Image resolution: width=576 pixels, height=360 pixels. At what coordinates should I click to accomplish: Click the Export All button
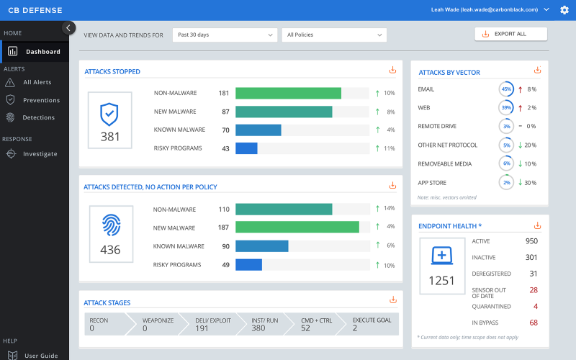(511, 34)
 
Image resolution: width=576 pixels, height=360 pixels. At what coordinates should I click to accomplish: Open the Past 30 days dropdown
(225, 35)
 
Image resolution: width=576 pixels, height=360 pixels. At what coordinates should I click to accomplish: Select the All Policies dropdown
(334, 35)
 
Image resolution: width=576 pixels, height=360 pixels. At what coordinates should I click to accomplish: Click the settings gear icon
(564, 10)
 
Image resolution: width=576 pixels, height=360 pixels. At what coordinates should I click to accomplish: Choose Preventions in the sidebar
(41, 100)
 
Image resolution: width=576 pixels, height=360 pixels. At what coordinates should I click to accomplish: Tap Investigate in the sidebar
(40, 153)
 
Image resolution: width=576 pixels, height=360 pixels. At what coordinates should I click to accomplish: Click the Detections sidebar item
(38, 117)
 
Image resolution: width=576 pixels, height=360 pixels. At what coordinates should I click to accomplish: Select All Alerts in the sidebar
(37, 83)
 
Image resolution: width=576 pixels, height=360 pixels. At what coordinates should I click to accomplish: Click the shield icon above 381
(109, 112)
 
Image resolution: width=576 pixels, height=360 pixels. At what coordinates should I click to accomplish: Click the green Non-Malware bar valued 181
(288, 93)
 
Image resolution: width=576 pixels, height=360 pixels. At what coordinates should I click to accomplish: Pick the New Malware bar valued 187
(297, 227)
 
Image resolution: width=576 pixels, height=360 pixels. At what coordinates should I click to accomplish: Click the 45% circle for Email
(506, 89)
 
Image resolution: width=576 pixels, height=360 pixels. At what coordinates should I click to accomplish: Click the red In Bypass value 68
(534, 323)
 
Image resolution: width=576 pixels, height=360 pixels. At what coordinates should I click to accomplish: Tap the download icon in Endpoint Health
(537, 225)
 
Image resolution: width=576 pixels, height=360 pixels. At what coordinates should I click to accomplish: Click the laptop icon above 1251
(441, 256)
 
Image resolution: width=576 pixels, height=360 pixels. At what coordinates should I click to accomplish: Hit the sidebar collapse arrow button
(69, 28)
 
